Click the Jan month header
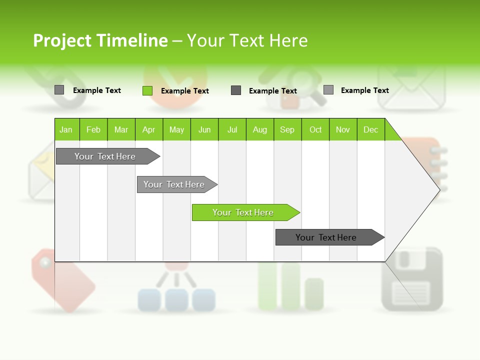point(66,129)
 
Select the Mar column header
point(121,129)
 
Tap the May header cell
point(176,129)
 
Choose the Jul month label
point(232,129)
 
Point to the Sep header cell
point(287,129)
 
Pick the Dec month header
point(370,129)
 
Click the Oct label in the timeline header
point(315,129)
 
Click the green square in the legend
point(147,90)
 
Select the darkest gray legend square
point(236,90)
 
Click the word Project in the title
point(62,40)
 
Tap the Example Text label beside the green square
point(185,91)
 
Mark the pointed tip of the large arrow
point(438,189)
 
